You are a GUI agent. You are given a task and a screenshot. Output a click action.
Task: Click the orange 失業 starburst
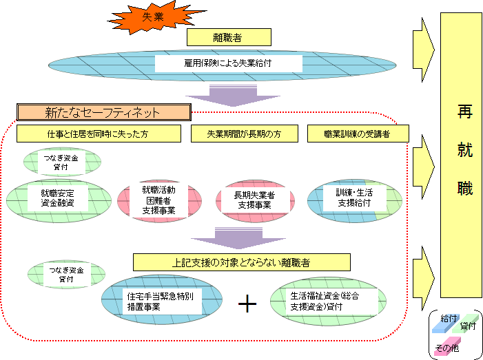(153, 18)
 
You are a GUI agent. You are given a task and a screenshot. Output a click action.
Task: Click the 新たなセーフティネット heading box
(103, 112)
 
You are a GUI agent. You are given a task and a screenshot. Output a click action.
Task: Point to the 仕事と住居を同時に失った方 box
(98, 134)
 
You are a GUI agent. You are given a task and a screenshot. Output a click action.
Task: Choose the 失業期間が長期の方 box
(244, 134)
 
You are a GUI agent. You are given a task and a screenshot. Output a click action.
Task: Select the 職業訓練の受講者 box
(358, 134)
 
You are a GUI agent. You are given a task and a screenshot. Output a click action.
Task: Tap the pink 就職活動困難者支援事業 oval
(159, 200)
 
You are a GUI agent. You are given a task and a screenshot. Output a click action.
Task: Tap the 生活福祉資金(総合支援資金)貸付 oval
(327, 301)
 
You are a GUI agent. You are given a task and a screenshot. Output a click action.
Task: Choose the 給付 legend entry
(449, 320)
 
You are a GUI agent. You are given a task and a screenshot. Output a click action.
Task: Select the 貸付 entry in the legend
(468, 326)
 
